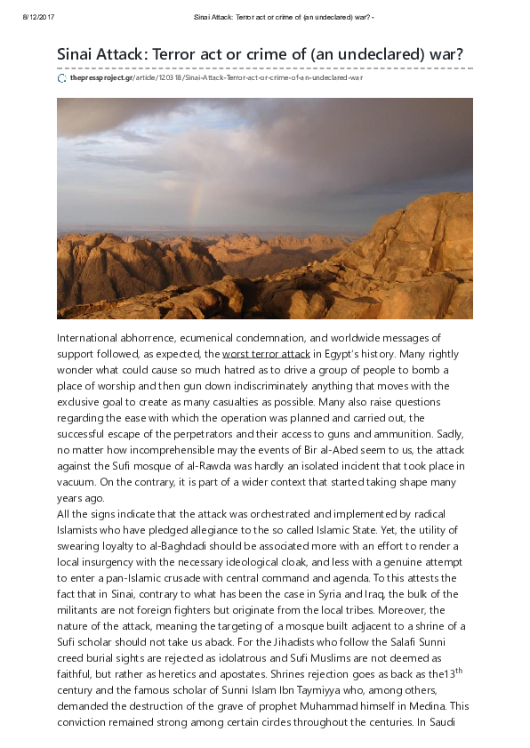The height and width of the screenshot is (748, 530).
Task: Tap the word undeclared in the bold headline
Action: pyautogui.click(x=373, y=54)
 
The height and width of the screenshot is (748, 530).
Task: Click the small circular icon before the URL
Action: pyautogui.click(x=61, y=78)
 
